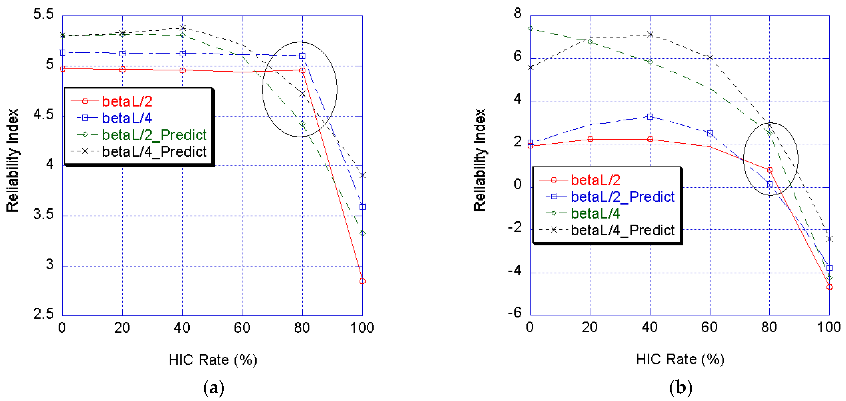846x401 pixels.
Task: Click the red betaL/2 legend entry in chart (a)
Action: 127,101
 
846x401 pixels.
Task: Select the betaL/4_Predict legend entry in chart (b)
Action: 622,230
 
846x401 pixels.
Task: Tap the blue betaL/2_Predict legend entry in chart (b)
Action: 622,196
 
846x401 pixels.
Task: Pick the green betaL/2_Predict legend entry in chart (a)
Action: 154,135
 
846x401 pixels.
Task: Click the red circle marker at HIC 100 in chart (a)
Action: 362,281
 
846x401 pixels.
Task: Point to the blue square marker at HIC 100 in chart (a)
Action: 362,207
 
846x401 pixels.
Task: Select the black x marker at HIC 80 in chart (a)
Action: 302,94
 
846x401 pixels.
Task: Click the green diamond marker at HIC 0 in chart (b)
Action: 530,29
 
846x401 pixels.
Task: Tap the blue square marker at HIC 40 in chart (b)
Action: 650,117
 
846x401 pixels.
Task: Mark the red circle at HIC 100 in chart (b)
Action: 829,287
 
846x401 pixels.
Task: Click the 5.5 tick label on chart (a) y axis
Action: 43,14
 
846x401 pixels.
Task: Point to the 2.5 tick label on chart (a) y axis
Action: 43,314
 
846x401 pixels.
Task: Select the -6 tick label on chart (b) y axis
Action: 515,312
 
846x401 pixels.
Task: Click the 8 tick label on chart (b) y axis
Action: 518,13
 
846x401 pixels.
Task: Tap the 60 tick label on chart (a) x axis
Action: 242,328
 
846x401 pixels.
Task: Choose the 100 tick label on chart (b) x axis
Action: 829,327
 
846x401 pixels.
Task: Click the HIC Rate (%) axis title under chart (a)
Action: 213,360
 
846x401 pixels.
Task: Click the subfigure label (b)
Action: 680,388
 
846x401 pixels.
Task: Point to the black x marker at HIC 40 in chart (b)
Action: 650,34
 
